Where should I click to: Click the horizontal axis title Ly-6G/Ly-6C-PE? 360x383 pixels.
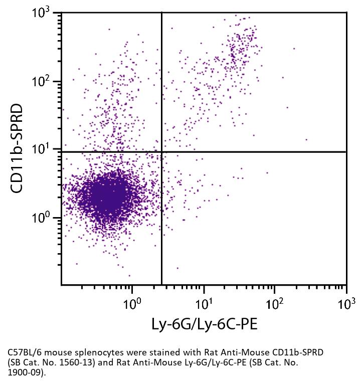coord(204,324)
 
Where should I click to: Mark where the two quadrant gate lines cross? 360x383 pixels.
coord(161,151)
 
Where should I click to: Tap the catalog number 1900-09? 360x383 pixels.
coord(26,372)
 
